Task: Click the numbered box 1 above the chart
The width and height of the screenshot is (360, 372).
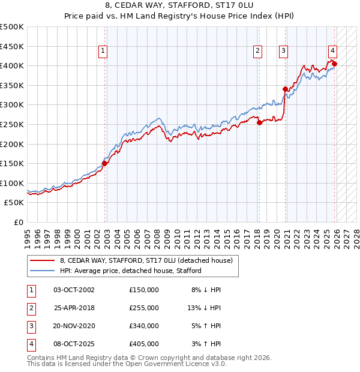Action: (x=103, y=52)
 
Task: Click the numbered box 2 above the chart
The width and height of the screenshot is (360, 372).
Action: (x=257, y=52)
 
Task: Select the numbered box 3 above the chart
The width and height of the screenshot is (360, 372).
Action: (x=283, y=52)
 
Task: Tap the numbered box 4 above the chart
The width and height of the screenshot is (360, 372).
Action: (x=332, y=52)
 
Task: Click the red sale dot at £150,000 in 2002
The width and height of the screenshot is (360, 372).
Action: (x=104, y=163)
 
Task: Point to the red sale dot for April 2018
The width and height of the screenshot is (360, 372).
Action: (x=259, y=122)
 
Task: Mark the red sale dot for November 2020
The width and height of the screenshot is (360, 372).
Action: (x=285, y=89)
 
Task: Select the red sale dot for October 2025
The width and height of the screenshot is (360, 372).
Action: (x=334, y=64)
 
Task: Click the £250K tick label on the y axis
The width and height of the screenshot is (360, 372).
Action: (x=13, y=124)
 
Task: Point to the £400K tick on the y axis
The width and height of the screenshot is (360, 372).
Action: (x=13, y=65)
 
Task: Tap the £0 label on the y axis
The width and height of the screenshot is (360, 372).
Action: (x=19, y=223)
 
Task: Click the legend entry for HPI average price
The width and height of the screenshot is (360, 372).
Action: (x=130, y=271)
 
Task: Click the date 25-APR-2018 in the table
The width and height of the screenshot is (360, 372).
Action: (x=74, y=308)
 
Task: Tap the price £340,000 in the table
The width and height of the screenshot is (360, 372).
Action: (x=144, y=326)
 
